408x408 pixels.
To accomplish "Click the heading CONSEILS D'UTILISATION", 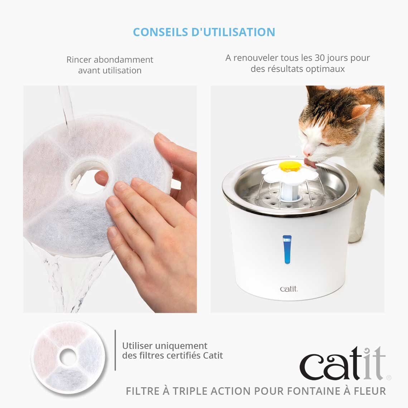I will [204, 32].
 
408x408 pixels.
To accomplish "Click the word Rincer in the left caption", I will [79, 60].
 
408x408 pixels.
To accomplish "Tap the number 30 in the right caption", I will [320, 58].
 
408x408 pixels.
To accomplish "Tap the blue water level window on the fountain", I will [287, 249].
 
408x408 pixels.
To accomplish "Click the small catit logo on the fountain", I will [288, 289].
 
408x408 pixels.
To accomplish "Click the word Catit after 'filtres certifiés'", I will [213, 356].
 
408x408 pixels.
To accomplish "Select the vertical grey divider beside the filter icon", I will [115, 350].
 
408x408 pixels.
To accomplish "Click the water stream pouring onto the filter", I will [66, 104].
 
